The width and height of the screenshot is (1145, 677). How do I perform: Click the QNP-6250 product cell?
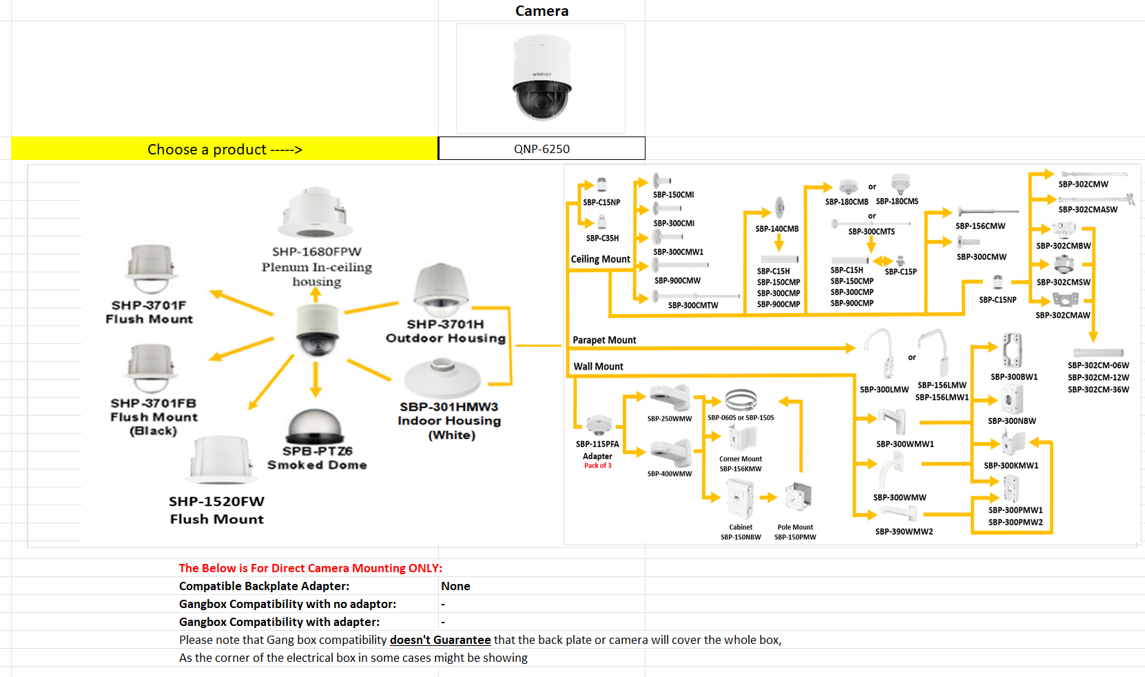(541, 149)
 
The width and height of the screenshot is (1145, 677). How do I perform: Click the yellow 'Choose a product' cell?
(225, 149)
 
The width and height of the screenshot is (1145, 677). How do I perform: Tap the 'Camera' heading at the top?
(541, 11)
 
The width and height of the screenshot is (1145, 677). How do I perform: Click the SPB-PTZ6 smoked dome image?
(315, 427)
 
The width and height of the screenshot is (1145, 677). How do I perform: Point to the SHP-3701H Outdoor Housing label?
(446, 331)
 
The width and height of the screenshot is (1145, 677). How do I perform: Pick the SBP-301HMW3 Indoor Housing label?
(449, 421)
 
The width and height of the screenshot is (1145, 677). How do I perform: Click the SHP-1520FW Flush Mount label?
(216, 510)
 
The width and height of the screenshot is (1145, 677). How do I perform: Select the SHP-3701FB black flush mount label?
(154, 416)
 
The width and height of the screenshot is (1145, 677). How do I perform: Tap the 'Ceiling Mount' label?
(600, 259)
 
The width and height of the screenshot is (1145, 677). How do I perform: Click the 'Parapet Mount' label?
(604, 340)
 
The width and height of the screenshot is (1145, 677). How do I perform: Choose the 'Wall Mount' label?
(598, 366)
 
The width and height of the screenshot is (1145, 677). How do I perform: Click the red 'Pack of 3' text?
(597, 466)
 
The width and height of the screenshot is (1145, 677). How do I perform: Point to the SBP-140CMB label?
(776, 229)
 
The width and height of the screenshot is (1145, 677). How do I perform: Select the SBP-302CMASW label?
(1088, 210)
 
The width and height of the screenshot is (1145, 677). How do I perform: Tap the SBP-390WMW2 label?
(904, 532)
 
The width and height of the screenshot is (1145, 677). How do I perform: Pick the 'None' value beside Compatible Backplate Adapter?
(455, 586)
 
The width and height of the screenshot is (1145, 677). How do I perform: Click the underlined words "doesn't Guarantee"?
(440, 640)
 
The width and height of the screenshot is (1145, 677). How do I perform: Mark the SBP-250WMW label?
(669, 418)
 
